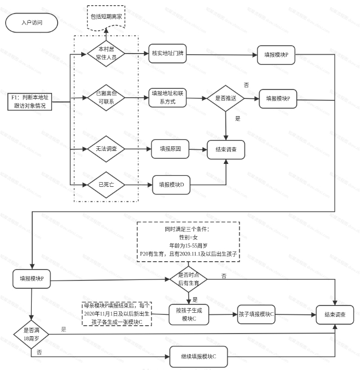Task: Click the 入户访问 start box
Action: [32, 23]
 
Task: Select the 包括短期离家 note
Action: [106, 17]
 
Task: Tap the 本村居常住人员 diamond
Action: [106, 54]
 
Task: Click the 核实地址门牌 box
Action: [168, 54]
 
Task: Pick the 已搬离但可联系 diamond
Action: [106, 97]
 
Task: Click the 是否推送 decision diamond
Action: [226, 98]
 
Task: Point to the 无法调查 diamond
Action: [106, 149]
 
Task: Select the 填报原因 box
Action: [169, 149]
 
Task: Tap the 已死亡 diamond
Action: [106, 184]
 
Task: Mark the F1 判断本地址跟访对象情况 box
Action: [32, 101]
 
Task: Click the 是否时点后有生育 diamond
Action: [188, 279]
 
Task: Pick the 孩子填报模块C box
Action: [256, 314]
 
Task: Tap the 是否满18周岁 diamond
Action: [32, 334]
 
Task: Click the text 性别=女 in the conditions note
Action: [188, 237]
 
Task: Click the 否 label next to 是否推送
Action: [246, 84]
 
